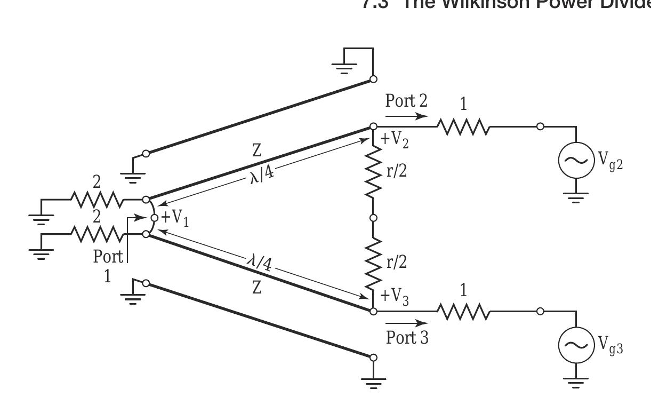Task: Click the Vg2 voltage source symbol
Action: click(576, 161)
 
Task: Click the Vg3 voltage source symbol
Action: click(576, 345)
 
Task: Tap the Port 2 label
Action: click(406, 100)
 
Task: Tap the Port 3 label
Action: click(407, 338)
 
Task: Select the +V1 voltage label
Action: click(174, 218)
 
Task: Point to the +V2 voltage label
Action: click(395, 140)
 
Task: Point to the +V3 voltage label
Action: click(395, 297)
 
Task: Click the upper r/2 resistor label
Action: click(397, 172)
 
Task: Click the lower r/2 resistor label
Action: click(397, 263)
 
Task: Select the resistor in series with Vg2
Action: click(463, 127)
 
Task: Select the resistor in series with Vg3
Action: click(463, 311)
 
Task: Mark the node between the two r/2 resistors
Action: click(373, 218)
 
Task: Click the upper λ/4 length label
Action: click(262, 174)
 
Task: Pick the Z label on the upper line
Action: click(256, 152)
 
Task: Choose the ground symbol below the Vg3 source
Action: click(576, 382)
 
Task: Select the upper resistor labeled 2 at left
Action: click(96, 200)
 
